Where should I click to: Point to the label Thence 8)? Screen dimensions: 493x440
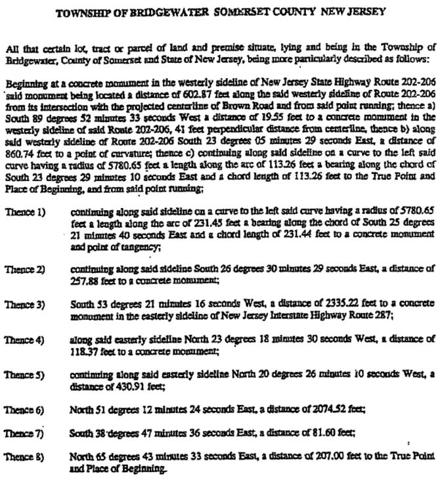coord(21,454)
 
